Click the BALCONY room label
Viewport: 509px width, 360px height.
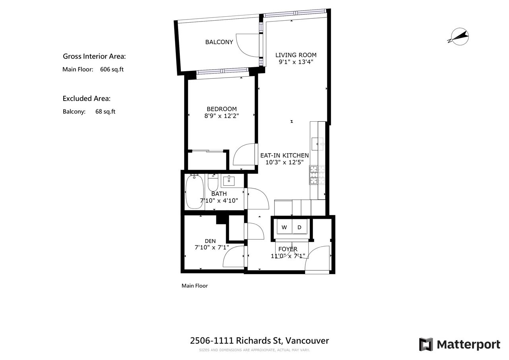219,42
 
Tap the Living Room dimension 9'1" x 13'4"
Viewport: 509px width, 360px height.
296,62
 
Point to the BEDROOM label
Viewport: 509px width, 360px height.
221,109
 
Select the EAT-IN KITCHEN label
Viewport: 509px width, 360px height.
284,156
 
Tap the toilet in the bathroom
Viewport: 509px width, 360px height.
213,183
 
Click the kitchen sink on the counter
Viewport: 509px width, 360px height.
317,144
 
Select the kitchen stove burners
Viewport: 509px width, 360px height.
317,175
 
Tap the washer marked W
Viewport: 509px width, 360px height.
284,227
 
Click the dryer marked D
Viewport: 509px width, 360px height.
299,227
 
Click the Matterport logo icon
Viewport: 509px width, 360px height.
426,344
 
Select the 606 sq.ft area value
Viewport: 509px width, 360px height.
112,69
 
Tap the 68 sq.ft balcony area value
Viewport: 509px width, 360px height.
105,112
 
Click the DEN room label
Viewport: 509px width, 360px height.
210,241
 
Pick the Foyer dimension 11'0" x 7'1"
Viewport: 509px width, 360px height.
288,256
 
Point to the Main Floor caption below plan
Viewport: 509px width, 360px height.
194,286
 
